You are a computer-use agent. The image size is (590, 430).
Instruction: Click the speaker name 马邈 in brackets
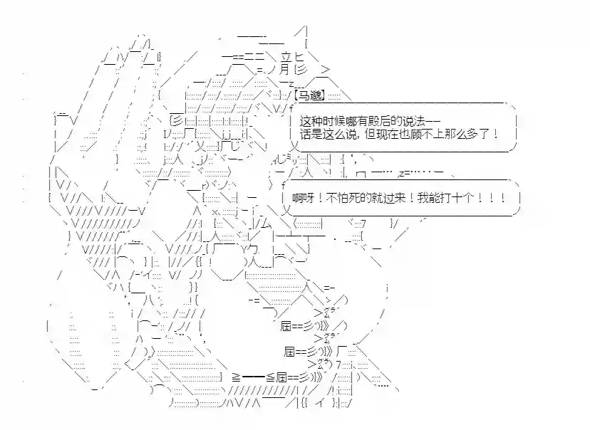point(311,95)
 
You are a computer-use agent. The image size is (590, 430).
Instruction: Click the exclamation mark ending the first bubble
point(496,134)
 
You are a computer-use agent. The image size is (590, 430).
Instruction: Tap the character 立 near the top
point(286,57)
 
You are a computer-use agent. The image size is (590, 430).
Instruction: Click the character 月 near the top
point(285,70)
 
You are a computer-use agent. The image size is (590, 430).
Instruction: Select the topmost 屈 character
point(286,326)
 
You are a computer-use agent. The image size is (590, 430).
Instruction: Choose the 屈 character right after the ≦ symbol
point(282,377)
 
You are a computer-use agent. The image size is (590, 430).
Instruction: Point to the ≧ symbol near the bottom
point(237,377)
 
